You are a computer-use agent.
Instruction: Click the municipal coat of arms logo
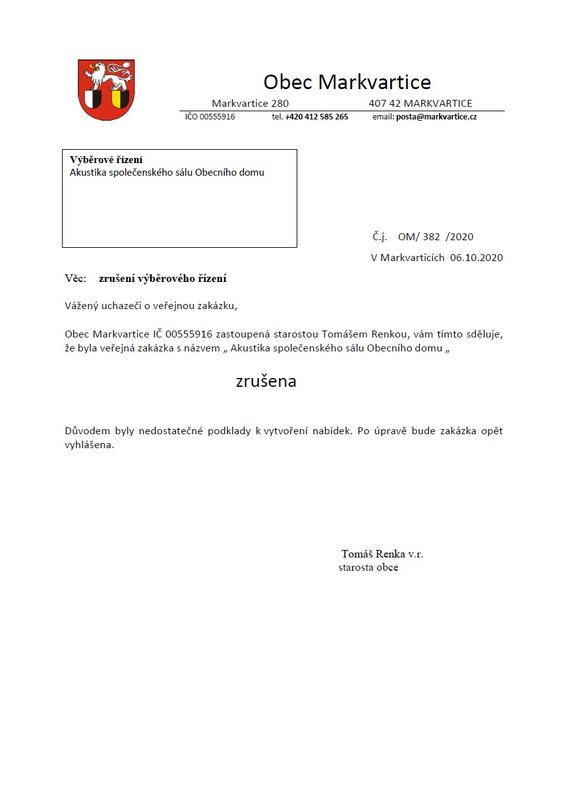[x=106, y=90]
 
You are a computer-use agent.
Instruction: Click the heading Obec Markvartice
[x=347, y=82]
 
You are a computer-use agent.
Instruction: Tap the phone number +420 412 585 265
[x=316, y=117]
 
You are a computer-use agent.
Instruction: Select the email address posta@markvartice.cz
[x=436, y=117]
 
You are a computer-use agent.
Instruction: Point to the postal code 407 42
[x=385, y=104]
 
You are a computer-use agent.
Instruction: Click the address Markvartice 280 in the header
[x=250, y=104]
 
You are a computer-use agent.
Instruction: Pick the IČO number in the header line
[x=210, y=117]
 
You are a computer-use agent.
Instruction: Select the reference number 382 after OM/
[x=431, y=237]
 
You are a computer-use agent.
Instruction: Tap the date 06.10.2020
[x=476, y=257]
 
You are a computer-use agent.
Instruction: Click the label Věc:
[x=75, y=278]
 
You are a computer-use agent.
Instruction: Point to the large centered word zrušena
[x=266, y=382]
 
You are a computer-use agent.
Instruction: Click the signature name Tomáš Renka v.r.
[x=382, y=554]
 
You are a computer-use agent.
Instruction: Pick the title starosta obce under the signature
[x=368, y=568]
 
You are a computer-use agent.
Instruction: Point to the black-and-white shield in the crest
[x=93, y=99]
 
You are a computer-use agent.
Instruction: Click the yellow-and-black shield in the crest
[x=120, y=99]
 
